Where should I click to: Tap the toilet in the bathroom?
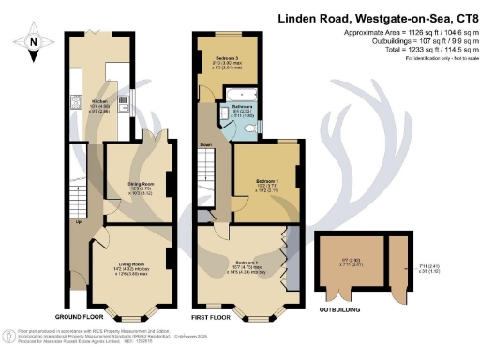[x=261, y=128]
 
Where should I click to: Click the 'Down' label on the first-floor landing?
[x=205, y=145]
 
